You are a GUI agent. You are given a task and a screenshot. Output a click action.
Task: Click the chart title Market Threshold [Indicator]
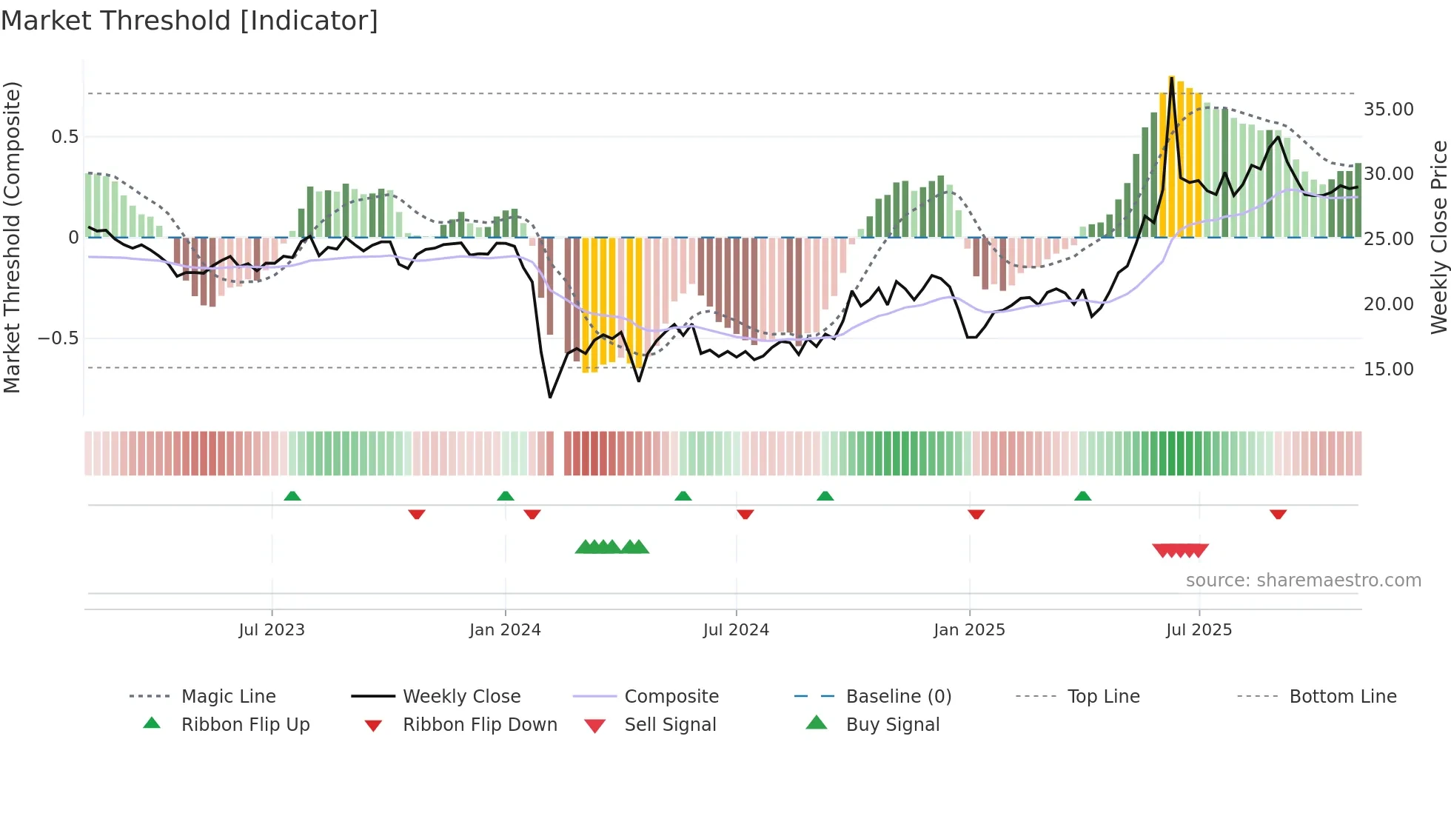click(190, 21)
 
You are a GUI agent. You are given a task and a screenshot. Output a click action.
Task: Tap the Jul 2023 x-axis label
click(272, 630)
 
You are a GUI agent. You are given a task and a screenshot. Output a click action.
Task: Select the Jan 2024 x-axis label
click(505, 630)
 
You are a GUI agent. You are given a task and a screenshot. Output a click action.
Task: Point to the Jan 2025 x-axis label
click(969, 630)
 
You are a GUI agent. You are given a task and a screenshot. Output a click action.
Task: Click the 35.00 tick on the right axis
click(1388, 110)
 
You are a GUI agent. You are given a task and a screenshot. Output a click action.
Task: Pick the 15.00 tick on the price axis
click(1388, 369)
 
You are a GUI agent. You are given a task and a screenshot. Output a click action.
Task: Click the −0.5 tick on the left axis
click(58, 338)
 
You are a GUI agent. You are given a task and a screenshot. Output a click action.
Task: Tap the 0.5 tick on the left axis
click(64, 137)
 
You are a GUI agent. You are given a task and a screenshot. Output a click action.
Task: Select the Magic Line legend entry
click(228, 697)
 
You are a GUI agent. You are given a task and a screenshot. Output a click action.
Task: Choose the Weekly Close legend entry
click(461, 697)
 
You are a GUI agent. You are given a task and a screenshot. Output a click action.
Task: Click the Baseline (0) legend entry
click(898, 697)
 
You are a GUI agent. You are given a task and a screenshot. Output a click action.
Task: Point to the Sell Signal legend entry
click(670, 725)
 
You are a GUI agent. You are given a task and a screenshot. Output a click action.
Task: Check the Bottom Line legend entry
click(1342, 697)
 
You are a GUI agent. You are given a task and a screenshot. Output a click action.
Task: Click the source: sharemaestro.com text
click(1303, 581)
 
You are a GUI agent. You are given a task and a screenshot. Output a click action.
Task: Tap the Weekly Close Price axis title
click(1438, 237)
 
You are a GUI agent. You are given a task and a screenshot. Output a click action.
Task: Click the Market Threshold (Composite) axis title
click(12, 237)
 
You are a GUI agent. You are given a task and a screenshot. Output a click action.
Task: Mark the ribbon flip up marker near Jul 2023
click(292, 496)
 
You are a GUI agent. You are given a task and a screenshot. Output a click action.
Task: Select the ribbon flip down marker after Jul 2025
click(1278, 514)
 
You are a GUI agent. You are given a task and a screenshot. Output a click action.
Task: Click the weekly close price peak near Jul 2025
click(1171, 78)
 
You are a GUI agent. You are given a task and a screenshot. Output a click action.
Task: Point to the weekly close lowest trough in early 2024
click(550, 397)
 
